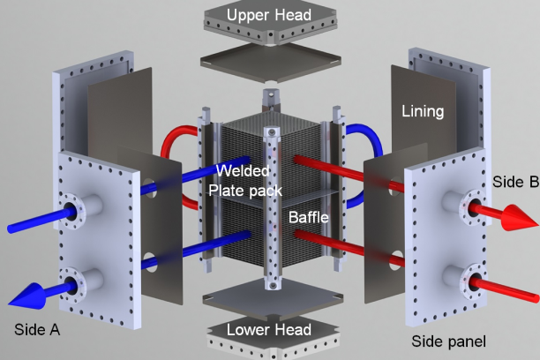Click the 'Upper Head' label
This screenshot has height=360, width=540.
(x=270, y=15)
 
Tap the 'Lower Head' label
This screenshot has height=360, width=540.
(x=269, y=330)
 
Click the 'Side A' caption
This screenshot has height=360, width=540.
(x=38, y=329)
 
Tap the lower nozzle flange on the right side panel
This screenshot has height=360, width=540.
(x=471, y=282)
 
